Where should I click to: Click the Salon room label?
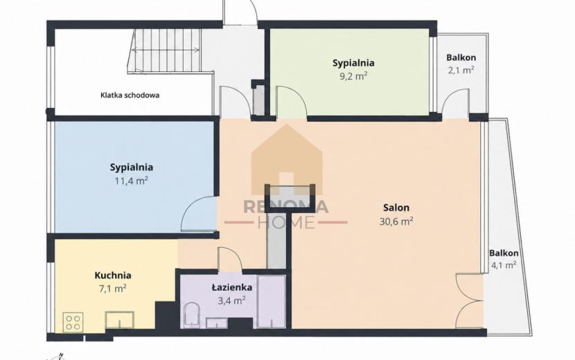pyautogui.click(x=396, y=208)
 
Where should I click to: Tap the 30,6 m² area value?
pyautogui.click(x=396, y=222)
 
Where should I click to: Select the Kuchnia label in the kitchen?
pyautogui.click(x=113, y=276)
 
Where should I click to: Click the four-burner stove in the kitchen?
pyautogui.click(x=73, y=322)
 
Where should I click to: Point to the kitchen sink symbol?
pyautogui.click(x=120, y=321)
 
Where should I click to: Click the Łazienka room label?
pyautogui.click(x=232, y=287)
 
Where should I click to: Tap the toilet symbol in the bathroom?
pyautogui.click(x=191, y=314)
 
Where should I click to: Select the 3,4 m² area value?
pyautogui.click(x=232, y=300)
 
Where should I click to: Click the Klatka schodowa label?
pyautogui.click(x=130, y=96)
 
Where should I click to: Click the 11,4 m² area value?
pyautogui.click(x=132, y=181)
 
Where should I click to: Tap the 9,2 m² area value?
pyautogui.click(x=353, y=77)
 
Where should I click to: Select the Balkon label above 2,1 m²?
pyautogui.click(x=461, y=57)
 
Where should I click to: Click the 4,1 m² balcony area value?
pyautogui.click(x=504, y=265)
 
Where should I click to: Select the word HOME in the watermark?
pyautogui.click(x=286, y=222)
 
